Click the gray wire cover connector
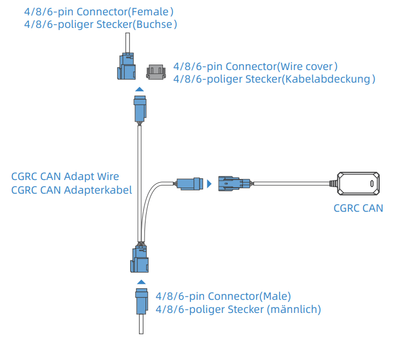(x=156, y=72)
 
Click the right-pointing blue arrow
(x=210, y=184)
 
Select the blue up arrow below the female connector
(x=140, y=89)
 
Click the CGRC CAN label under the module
(x=358, y=208)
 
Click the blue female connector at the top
(x=127, y=67)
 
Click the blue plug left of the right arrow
(x=190, y=183)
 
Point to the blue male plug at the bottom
(x=141, y=300)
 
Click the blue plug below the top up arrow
(x=140, y=108)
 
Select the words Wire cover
(x=306, y=66)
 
